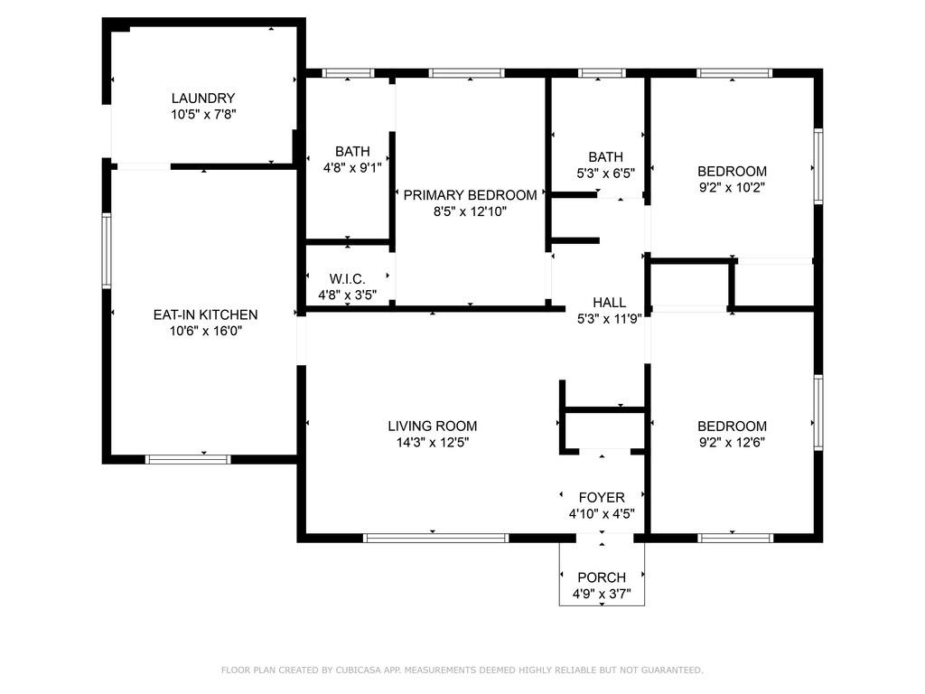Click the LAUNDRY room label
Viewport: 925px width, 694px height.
[x=203, y=98]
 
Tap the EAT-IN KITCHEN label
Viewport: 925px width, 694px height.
[x=205, y=314]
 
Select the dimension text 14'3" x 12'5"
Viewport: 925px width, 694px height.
[x=432, y=443]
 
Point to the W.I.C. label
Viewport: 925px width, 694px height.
[x=346, y=278]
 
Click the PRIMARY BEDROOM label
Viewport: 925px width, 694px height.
[x=470, y=195]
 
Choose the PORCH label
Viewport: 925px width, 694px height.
[x=602, y=577]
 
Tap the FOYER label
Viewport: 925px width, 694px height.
[x=602, y=498]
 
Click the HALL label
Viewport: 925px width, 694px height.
[x=609, y=303]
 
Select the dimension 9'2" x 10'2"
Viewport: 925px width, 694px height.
[x=732, y=188]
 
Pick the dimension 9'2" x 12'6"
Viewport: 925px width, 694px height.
[x=732, y=443]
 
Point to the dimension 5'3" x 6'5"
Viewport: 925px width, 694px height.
[x=605, y=173]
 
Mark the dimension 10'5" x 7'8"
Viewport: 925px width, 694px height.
[x=203, y=115]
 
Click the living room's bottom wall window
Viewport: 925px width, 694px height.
[x=435, y=538]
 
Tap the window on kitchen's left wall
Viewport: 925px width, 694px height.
[x=107, y=250]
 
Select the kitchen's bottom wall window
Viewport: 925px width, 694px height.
[x=188, y=459]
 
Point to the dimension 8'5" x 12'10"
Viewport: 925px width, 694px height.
[x=470, y=211]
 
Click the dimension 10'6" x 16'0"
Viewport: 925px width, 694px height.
[x=205, y=331]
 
